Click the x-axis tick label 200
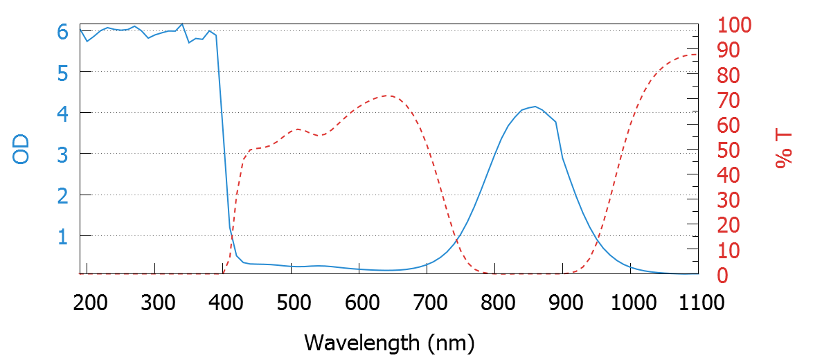click(87, 303)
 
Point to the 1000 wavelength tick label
click(630, 303)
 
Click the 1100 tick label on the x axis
click(698, 303)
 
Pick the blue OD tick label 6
click(62, 32)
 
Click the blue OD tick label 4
click(62, 113)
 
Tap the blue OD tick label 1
click(62, 236)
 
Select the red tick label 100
click(734, 26)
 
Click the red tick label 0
click(722, 276)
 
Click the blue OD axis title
click(21, 149)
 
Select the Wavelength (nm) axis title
click(389, 342)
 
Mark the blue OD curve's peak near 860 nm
click(534, 107)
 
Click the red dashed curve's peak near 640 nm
click(386, 96)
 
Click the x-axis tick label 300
click(155, 303)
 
